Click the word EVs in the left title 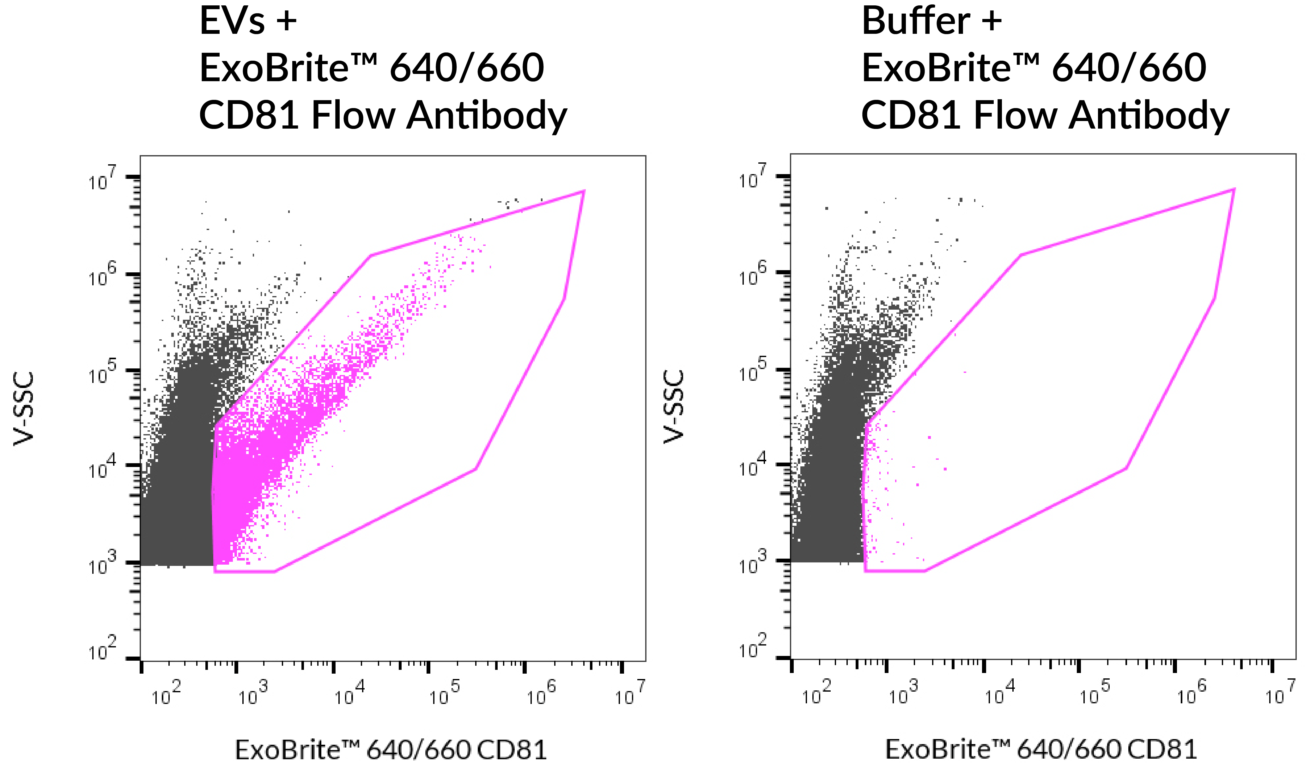pos(232,22)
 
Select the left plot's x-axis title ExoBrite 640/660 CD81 pos(391,750)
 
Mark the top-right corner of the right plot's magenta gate pos(1234,190)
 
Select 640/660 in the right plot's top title pos(1129,68)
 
